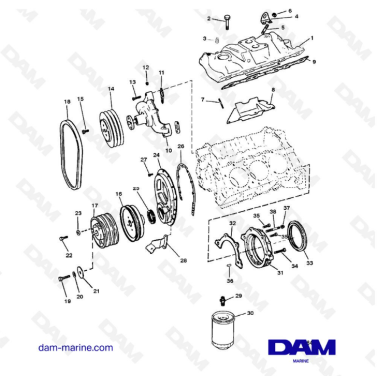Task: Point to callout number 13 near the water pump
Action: coord(132,82)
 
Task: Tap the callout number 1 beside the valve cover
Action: coord(311,38)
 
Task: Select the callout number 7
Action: coord(202,100)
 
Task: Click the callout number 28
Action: coord(182,259)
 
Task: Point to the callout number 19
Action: coord(67,298)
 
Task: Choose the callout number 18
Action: coord(66,102)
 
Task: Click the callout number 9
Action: coord(316,61)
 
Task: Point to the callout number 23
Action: coord(78,214)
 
